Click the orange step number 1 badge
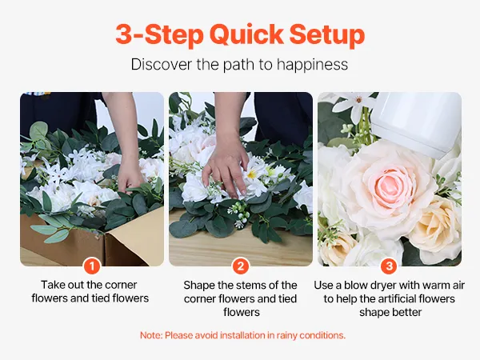click(x=92, y=266)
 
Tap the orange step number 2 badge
click(x=241, y=266)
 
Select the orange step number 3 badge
click(x=390, y=266)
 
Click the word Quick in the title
click(x=246, y=34)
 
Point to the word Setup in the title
click(x=327, y=35)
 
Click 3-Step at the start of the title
click(x=159, y=35)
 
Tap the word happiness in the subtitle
click(x=312, y=65)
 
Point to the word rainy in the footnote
click(x=287, y=335)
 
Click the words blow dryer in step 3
click(x=370, y=286)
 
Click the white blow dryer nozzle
click(x=417, y=122)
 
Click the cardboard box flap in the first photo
click(x=134, y=238)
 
